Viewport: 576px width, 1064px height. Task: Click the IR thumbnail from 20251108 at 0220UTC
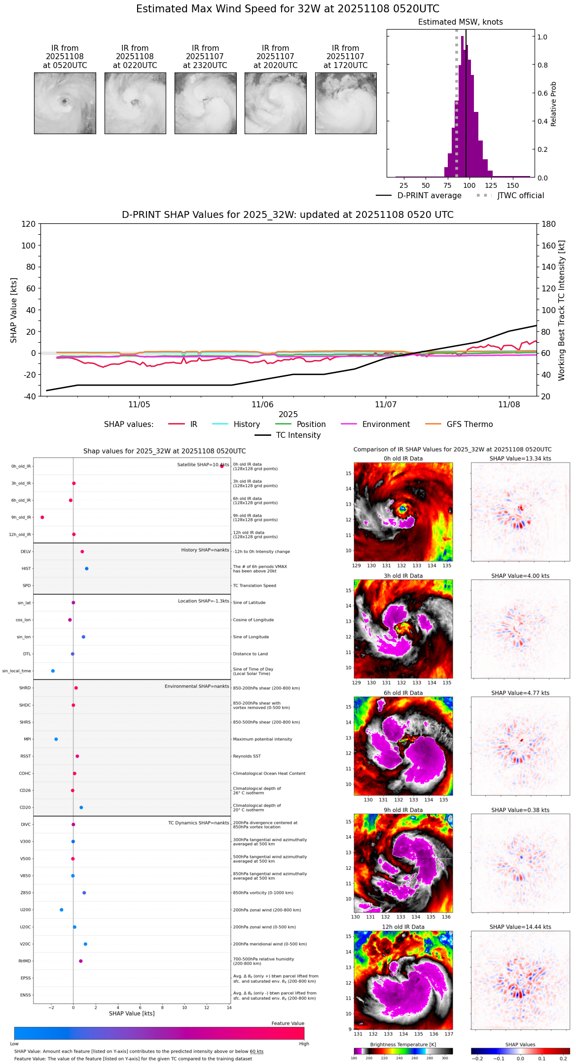(135, 103)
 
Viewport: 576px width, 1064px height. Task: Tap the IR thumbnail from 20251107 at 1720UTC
(346, 103)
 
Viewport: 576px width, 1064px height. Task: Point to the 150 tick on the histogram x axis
(513, 186)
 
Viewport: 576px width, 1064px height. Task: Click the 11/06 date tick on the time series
(262, 405)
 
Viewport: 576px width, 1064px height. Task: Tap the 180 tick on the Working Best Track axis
(549, 224)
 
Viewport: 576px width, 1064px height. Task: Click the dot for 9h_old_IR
(42, 517)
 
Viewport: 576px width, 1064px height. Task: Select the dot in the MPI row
(56, 739)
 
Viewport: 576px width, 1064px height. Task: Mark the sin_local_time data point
(53, 671)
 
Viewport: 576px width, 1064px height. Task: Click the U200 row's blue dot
(62, 910)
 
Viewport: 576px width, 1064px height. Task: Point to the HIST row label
(26, 569)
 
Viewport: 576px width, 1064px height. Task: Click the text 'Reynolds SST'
(247, 756)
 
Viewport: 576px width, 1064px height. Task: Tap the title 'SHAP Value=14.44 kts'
(520, 927)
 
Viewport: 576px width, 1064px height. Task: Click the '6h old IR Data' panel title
(403, 693)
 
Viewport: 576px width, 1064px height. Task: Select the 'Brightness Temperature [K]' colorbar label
(403, 1044)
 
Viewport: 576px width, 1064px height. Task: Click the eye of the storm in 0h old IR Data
(403, 508)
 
